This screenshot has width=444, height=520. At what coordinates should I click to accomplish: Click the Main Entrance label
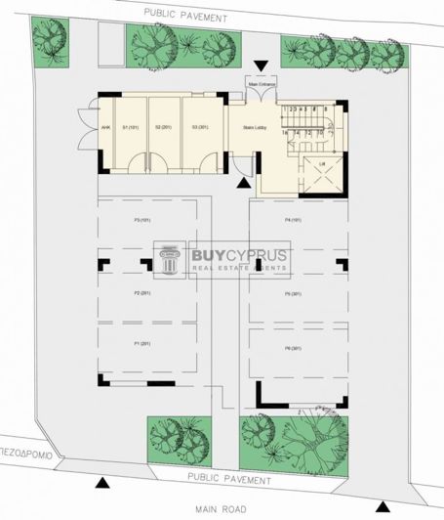click(262, 84)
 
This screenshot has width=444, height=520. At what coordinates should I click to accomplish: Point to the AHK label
click(105, 127)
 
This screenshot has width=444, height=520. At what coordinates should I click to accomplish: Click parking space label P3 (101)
click(144, 220)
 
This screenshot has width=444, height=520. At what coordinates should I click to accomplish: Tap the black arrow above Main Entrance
click(261, 66)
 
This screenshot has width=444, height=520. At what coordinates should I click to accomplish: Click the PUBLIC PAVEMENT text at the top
click(184, 17)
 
